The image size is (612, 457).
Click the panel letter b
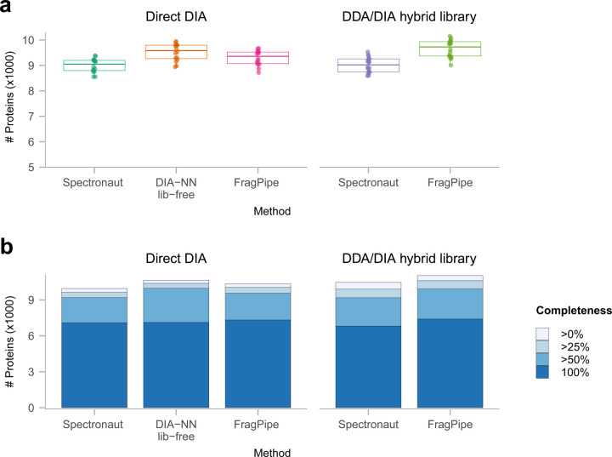(8, 248)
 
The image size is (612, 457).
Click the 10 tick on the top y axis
(28, 40)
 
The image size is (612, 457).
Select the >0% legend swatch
(542, 334)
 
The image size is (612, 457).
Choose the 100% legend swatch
(542, 372)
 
